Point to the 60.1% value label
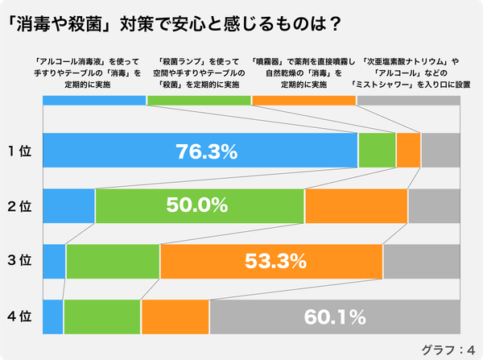coord(335,317)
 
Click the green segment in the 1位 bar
coord(377,151)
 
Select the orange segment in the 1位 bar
coord(408,151)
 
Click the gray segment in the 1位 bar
coord(440,151)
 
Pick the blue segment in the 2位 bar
coord(68,205)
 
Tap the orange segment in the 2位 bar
coord(357,205)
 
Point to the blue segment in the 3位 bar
coord(54,261)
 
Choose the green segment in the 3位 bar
coord(113,261)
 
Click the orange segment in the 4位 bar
coord(175,317)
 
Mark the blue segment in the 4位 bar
coord(52,317)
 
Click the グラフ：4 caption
coord(447,349)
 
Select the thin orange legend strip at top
coord(303,101)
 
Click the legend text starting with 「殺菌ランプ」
coord(199,72)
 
